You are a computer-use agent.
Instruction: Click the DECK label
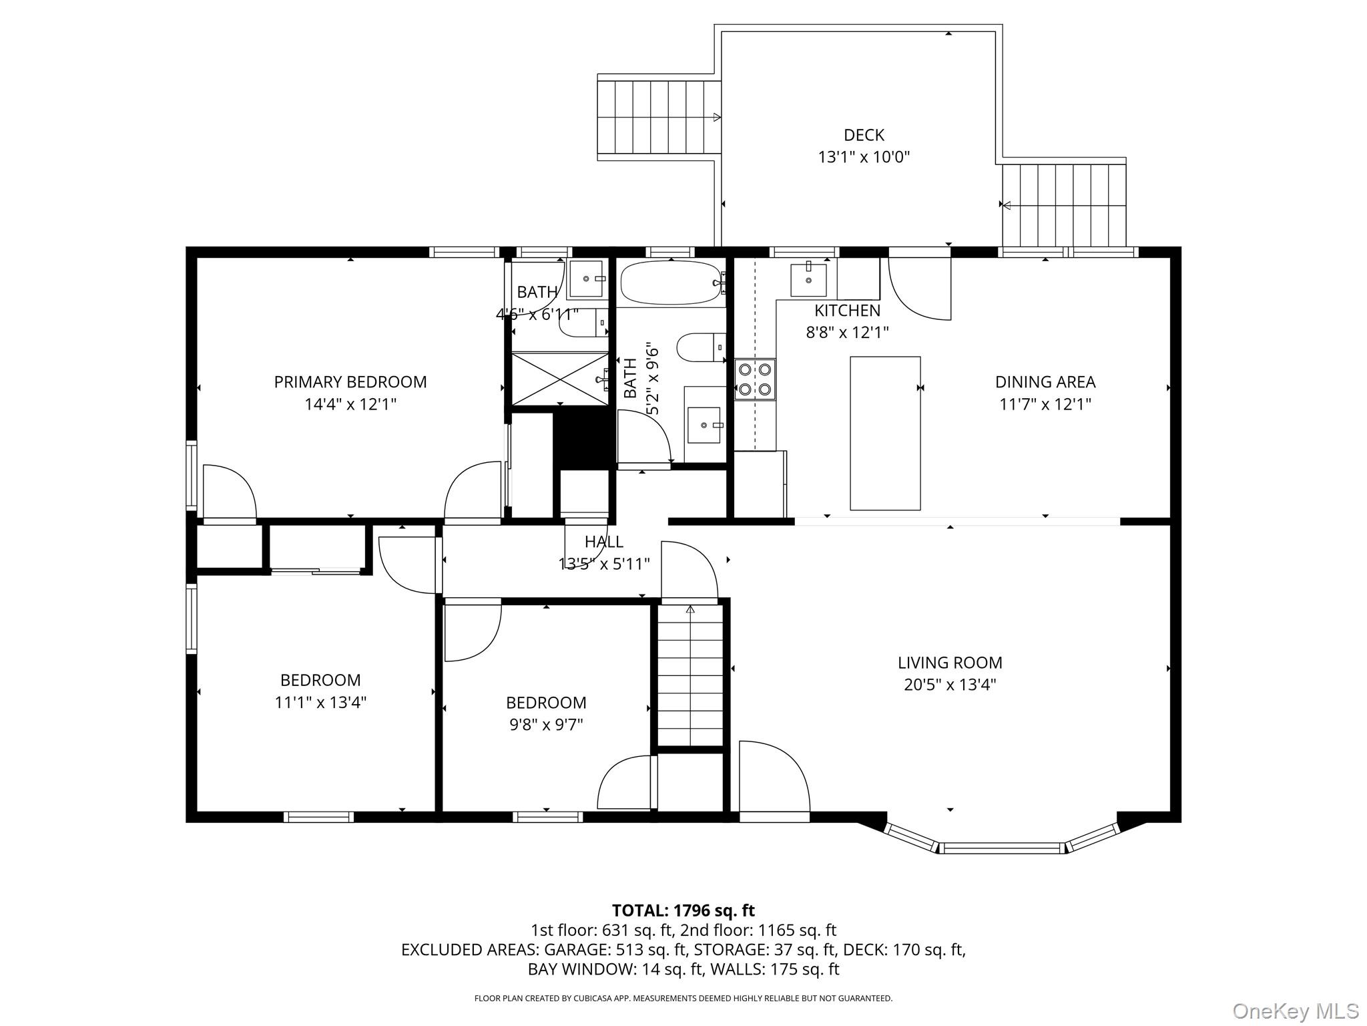[864, 135]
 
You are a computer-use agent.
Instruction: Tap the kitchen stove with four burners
[755, 379]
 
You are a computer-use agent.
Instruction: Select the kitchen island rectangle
[885, 434]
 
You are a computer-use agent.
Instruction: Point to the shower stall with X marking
[559, 379]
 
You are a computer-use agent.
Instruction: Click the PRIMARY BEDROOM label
[350, 382]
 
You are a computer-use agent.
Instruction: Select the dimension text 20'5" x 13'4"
[950, 685]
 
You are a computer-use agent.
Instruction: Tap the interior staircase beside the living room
[690, 675]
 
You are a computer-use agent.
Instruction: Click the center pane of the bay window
[1001, 848]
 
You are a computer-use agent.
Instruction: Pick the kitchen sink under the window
[808, 280]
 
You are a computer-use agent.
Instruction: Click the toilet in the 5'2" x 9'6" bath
[700, 347]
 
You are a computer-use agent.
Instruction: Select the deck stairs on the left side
[658, 118]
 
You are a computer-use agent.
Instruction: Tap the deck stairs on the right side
[1064, 205]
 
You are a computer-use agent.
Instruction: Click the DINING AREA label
[1045, 382]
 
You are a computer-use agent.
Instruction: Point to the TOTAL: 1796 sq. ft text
[683, 910]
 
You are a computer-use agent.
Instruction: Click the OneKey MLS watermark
[1295, 1011]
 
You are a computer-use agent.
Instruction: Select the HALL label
[603, 542]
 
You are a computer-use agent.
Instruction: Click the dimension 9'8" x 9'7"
[546, 725]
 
